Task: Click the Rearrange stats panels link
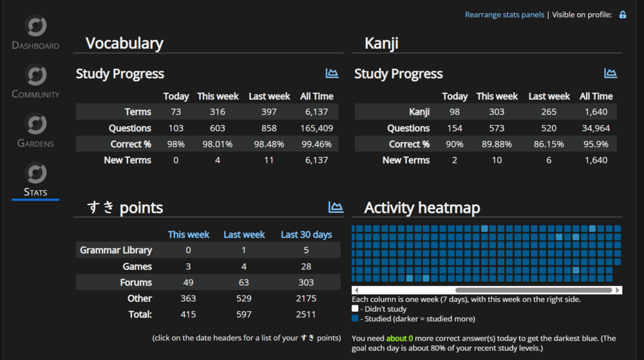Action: pyautogui.click(x=504, y=15)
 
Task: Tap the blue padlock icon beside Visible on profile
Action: pyautogui.click(x=623, y=15)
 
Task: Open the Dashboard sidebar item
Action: pyautogui.click(x=35, y=32)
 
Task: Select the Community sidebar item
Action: pyautogui.click(x=35, y=81)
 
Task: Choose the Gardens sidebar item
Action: pyautogui.click(x=35, y=130)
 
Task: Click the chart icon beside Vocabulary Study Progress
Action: pyautogui.click(x=332, y=73)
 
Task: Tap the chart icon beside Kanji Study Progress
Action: pyautogui.click(x=611, y=73)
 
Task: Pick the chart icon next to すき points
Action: pyautogui.click(x=336, y=207)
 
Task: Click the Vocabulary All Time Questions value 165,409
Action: pyautogui.click(x=317, y=128)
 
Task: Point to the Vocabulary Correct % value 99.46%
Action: pyautogui.click(x=317, y=144)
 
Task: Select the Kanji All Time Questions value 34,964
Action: pyautogui.click(x=596, y=128)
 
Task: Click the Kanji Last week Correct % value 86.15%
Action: pyautogui.click(x=549, y=144)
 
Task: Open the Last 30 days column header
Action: pyautogui.click(x=307, y=234)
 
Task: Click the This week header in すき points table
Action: pyautogui.click(x=189, y=234)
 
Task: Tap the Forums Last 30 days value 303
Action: pyautogui.click(x=306, y=283)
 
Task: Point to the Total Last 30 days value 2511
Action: pyautogui.click(x=306, y=314)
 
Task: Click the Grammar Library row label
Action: pyautogui.click(x=116, y=250)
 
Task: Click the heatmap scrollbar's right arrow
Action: pyautogui.click(x=618, y=290)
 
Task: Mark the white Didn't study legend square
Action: pyautogui.click(x=355, y=308)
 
